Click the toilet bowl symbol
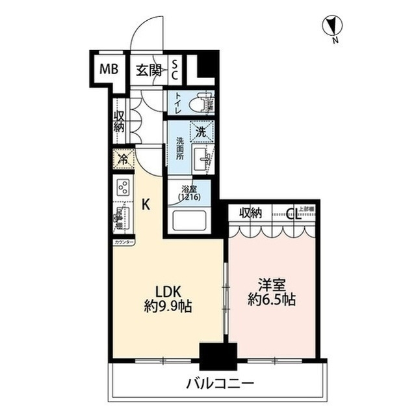201,102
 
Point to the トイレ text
177,102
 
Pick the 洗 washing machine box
201,132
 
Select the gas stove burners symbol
122,187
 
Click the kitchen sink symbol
121,217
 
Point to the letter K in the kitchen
146,204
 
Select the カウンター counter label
123,242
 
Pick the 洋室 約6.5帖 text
272,292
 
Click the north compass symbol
333,27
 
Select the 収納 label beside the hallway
120,122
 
